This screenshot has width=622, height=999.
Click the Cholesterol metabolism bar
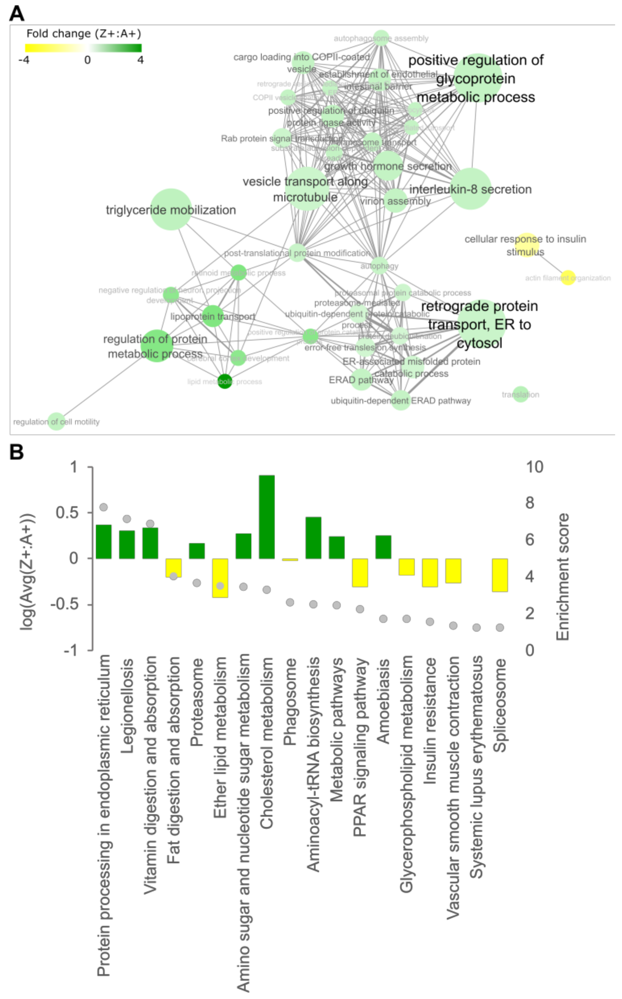click(267, 517)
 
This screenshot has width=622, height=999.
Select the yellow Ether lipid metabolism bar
click(220, 578)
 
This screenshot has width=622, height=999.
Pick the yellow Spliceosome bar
click(500, 575)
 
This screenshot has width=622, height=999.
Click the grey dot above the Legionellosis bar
click(127, 519)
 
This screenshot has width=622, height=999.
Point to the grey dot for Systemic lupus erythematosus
click(476, 627)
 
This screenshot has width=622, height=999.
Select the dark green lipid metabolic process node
click(225, 381)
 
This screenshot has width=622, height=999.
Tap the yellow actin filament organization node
click(568, 278)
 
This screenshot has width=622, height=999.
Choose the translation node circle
click(520, 394)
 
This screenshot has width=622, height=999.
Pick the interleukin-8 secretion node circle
click(471, 189)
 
